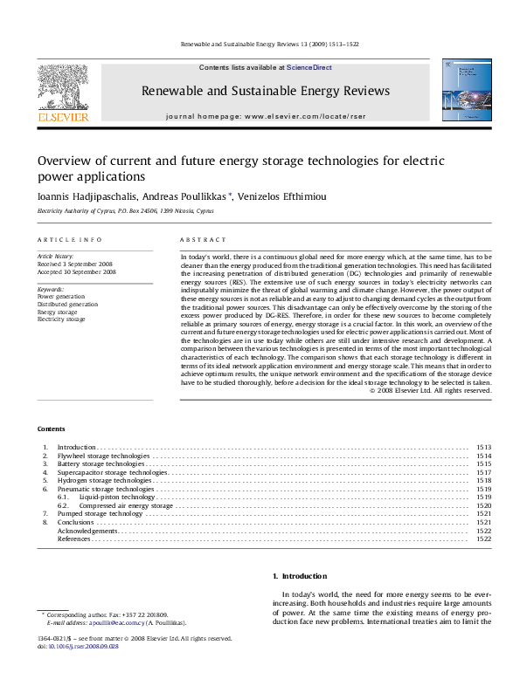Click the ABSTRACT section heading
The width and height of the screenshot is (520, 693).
coord(203,239)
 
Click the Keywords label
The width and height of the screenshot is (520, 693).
coord(51,289)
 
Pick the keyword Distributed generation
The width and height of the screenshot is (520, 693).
coord(67,305)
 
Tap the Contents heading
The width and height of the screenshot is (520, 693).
coord(51,429)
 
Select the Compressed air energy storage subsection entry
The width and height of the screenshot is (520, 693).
coord(126,505)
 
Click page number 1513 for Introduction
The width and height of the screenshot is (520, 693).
coord(483,447)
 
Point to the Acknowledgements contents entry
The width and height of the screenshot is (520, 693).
coord(87,531)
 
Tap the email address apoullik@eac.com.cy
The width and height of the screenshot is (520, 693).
coord(109,624)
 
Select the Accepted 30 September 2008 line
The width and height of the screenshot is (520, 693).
coord(76,272)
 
